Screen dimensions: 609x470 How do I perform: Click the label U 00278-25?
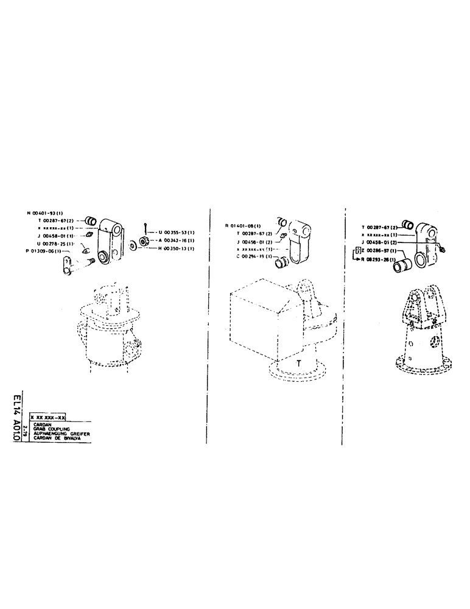point(55,243)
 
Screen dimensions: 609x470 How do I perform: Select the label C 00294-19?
point(254,256)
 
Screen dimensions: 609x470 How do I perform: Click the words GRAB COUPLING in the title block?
point(55,428)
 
